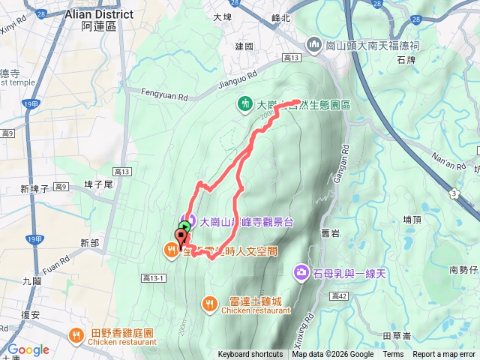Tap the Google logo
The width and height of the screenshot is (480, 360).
pyautogui.click(x=28, y=349)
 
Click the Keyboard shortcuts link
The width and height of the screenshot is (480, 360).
pyautogui.click(x=250, y=355)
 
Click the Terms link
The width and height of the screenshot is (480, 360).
pyautogui.click(x=393, y=355)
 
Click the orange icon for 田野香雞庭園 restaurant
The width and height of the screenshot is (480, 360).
pyautogui.click(x=76, y=334)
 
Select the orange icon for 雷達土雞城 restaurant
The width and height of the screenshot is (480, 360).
pyautogui.click(x=208, y=303)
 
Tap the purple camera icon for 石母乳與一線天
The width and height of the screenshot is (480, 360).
pyautogui.click(x=301, y=270)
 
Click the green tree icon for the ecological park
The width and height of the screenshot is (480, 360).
pyautogui.click(x=244, y=103)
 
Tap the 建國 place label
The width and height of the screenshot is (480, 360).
pyautogui.click(x=244, y=46)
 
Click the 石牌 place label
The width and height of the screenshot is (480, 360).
pyautogui.click(x=427, y=59)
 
